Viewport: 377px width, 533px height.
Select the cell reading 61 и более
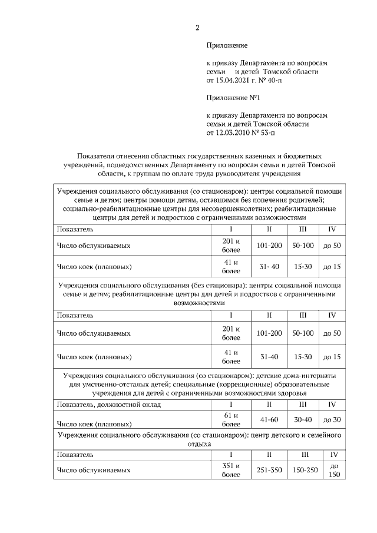coord(231,419)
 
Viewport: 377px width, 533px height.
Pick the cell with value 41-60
coord(269,419)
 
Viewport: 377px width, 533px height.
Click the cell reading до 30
coord(332,419)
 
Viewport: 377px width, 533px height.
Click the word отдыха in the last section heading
coord(200,443)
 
